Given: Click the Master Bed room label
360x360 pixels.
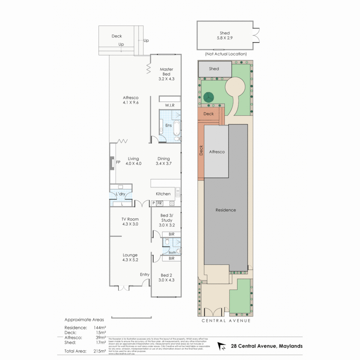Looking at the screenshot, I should click(166, 71).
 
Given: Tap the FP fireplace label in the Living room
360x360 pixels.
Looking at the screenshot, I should click(118, 163).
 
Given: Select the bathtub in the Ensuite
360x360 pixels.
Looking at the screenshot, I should click(177, 127).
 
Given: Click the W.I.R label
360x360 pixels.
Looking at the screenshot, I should click(170, 105).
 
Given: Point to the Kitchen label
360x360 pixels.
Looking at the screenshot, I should click(163, 194).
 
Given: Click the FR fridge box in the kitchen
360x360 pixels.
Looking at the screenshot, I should click(160, 203).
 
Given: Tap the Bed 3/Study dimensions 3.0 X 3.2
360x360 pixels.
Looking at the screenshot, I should click(167, 225).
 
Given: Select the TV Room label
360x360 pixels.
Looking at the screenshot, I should click(130, 219).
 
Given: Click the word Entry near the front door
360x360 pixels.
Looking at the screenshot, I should click(145, 274).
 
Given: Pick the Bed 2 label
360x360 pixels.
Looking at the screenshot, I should click(166, 275).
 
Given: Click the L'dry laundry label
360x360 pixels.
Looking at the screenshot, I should click(120, 194).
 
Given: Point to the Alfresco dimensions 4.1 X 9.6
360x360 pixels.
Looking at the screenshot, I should click(130, 103).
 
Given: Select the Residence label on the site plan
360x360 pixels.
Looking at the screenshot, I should click(226, 210).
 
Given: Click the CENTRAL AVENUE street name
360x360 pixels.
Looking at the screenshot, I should click(226, 321).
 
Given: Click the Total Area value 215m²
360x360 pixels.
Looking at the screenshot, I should click(100, 351).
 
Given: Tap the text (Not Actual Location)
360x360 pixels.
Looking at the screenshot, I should click(226, 54).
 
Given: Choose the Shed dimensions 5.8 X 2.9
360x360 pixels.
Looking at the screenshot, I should click(225, 38).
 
